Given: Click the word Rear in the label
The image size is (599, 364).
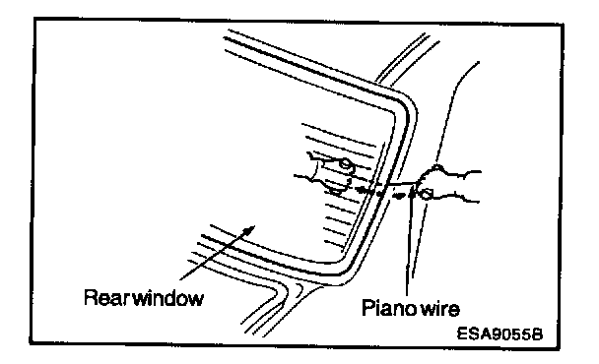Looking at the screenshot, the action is click(104, 298).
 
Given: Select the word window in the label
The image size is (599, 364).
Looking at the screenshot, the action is click(168, 298).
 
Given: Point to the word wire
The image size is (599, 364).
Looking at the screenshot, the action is click(440, 309).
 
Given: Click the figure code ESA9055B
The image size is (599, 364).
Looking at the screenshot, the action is click(499, 334).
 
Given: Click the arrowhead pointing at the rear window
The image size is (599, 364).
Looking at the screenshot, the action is click(249, 230).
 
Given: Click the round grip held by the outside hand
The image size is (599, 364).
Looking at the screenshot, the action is click(426, 194).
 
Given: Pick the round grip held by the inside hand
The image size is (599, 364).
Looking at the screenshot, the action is click(346, 165).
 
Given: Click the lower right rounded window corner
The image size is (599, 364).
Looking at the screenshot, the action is click(346, 267).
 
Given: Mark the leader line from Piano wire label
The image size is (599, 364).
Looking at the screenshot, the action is click(410, 244).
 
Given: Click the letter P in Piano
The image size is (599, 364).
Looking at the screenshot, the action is click(367, 308).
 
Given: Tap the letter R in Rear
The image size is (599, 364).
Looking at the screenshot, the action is click(91, 298).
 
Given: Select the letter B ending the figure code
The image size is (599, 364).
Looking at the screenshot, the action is click(537, 334).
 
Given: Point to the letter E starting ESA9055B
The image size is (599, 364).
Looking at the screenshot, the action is click(462, 334).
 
